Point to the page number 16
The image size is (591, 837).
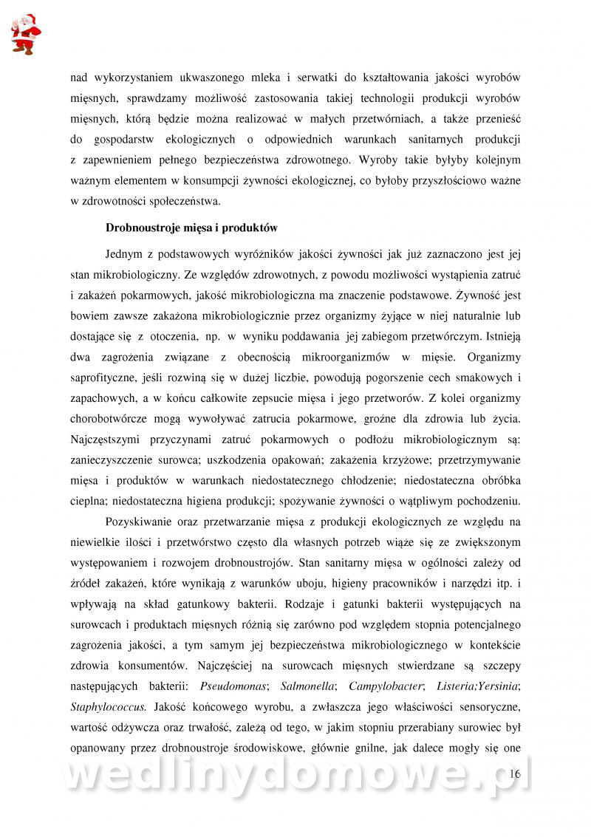[515, 773]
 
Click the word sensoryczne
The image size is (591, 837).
[491, 706]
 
